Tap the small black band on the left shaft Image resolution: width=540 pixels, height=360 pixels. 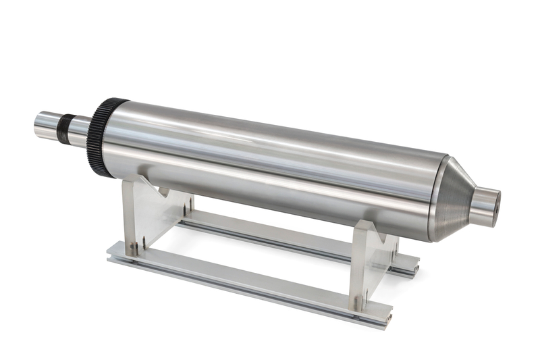coord(67,125)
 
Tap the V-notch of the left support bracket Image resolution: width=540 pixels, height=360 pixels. coord(162,191)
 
